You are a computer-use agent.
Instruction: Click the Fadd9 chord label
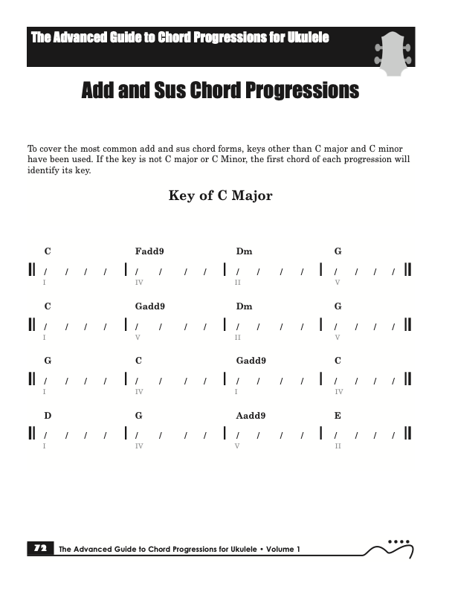[149, 251]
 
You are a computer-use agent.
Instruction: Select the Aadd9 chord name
[251, 415]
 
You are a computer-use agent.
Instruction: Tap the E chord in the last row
[338, 415]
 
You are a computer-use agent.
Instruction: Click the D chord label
[48, 415]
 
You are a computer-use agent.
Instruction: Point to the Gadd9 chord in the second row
[150, 306]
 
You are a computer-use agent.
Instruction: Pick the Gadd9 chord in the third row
[251, 361]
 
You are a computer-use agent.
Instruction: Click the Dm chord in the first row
[244, 251]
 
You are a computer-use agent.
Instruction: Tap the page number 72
[39, 549]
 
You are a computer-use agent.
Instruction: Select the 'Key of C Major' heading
[221, 196]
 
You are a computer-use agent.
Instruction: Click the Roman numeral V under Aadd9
[237, 446]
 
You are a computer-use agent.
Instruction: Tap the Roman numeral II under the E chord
[338, 446]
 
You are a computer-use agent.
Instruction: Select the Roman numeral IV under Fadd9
[139, 283]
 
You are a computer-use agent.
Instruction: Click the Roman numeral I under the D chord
[45, 446]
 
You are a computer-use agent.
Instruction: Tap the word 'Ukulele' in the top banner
[304, 38]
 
